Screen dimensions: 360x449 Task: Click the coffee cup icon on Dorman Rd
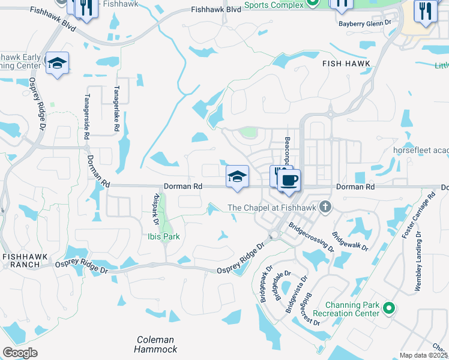pyautogui.click(x=289, y=179)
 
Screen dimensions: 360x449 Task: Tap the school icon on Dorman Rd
pyautogui.click(x=237, y=176)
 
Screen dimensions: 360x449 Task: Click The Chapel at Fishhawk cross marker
pyautogui.click(x=325, y=208)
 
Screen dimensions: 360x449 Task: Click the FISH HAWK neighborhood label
pyautogui.click(x=346, y=64)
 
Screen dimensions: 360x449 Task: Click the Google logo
pyautogui.click(x=20, y=353)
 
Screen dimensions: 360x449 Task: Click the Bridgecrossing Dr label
pyautogui.click(x=311, y=238)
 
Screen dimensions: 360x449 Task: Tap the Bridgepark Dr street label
pyautogui.click(x=265, y=283)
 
